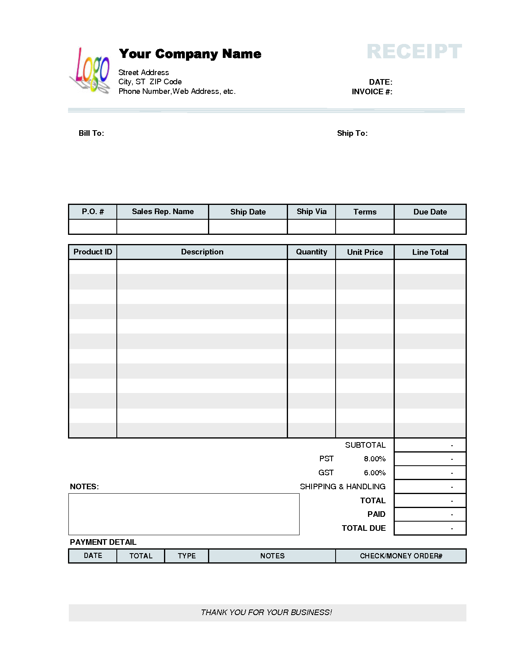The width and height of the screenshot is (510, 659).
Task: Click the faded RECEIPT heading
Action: click(414, 52)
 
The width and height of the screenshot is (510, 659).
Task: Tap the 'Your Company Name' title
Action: click(190, 54)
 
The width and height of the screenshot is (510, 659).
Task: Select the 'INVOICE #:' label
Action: click(372, 92)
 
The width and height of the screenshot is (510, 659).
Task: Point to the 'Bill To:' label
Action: click(91, 133)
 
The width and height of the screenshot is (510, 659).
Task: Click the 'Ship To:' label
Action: click(352, 133)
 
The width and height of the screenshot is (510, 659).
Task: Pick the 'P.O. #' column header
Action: click(93, 212)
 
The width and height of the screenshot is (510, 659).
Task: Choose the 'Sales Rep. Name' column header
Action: click(163, 212)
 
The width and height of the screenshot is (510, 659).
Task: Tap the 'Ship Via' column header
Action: click(312, 212)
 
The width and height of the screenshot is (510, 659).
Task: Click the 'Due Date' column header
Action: click(430, 212)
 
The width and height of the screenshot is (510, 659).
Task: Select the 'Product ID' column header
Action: click(93, 252)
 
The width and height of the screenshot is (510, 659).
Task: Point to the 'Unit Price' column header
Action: click(365, 252)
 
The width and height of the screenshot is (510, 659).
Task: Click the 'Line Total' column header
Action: click(430, 252)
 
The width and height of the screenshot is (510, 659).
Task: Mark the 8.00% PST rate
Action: click(375, 459)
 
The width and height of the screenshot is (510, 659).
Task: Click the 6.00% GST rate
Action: click(375, 473)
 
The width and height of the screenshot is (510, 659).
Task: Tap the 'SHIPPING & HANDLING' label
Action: click(343, 486)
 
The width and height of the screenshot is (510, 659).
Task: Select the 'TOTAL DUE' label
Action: click(364, 528)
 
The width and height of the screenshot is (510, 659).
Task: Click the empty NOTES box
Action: click(184, 514)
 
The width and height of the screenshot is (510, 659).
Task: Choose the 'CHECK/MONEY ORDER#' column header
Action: click(401, 556)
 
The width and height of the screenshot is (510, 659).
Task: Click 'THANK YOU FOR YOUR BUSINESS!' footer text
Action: click(266, 612)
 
